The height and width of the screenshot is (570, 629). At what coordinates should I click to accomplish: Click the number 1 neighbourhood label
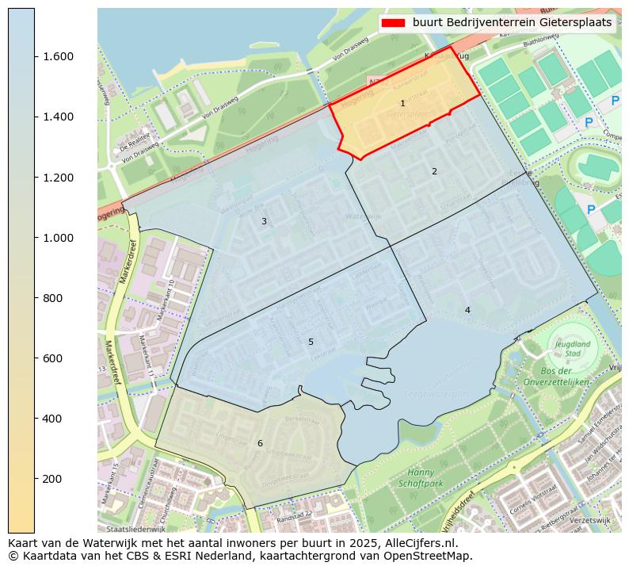402,104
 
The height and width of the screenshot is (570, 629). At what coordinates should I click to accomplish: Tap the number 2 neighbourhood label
434,172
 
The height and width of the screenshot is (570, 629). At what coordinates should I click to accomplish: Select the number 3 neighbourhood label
264,222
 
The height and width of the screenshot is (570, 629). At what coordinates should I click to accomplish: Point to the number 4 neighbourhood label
467,310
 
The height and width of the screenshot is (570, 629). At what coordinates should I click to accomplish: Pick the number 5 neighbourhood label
311,342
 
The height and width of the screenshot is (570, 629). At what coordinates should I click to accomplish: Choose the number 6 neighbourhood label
260,443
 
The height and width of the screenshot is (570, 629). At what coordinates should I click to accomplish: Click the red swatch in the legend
394,23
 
